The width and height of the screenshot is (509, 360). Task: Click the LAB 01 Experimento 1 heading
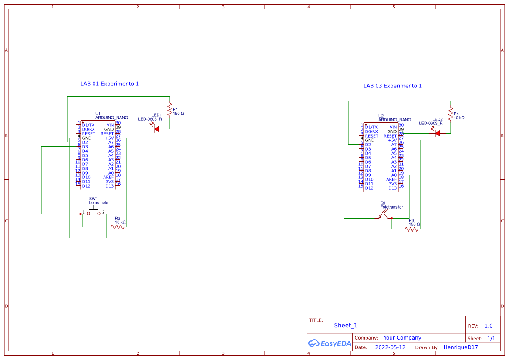pos(109,84)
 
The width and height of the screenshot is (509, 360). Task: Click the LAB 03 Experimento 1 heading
pos(392,86)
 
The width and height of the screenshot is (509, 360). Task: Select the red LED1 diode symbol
pos(156,129)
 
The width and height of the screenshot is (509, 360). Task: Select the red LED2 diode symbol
pos(437,133)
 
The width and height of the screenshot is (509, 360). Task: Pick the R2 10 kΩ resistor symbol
pos(118,227)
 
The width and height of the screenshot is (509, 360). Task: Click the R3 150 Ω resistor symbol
pos(411,229)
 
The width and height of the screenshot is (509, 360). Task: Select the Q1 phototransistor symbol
pos(383,214)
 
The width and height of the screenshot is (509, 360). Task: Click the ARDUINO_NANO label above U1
pos(111,118)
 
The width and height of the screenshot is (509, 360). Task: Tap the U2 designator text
pos(381,116)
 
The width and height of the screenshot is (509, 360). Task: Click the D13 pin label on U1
pos(109,186)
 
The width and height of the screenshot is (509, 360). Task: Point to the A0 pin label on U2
pos(394,175)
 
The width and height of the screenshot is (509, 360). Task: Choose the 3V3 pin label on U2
pos(392,184)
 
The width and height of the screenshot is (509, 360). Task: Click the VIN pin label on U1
pos(110,125)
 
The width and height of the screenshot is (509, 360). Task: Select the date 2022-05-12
pos(390,347)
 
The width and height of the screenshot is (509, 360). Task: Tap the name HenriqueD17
pos(460,347)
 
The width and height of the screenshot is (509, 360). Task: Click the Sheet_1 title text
pos(345,325)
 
